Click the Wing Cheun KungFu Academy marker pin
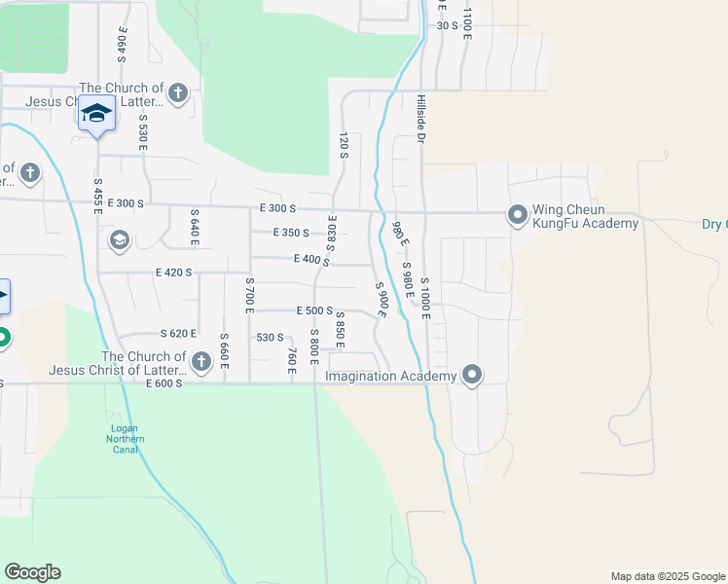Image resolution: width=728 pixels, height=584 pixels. pyautogui.click(x=517, y=214)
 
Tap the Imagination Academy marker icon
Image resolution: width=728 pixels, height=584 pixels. pyautogui.click(x=472, y=375)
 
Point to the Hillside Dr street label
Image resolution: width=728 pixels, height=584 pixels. pyautogui.click(x=421, y=120)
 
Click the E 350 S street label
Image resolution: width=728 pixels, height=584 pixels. pyautogui.click(x=291, y=233)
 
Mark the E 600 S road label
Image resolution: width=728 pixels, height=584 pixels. pyautogui.click(x=164, y=383)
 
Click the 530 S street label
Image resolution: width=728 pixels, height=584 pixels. pyautogui.click(x=270, y=338)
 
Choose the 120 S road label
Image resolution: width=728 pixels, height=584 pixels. pyautogui.click(x=343, y=146)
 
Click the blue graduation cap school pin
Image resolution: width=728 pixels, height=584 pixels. pyautogui.click(x=96, y=113)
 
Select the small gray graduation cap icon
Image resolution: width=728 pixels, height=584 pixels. pyautogui.click(x=120, y=240)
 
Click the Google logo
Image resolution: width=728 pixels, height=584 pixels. pyautogui.click(x=32, y=572)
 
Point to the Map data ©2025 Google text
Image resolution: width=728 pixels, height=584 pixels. pyautogui.click(x=667, y=576)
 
